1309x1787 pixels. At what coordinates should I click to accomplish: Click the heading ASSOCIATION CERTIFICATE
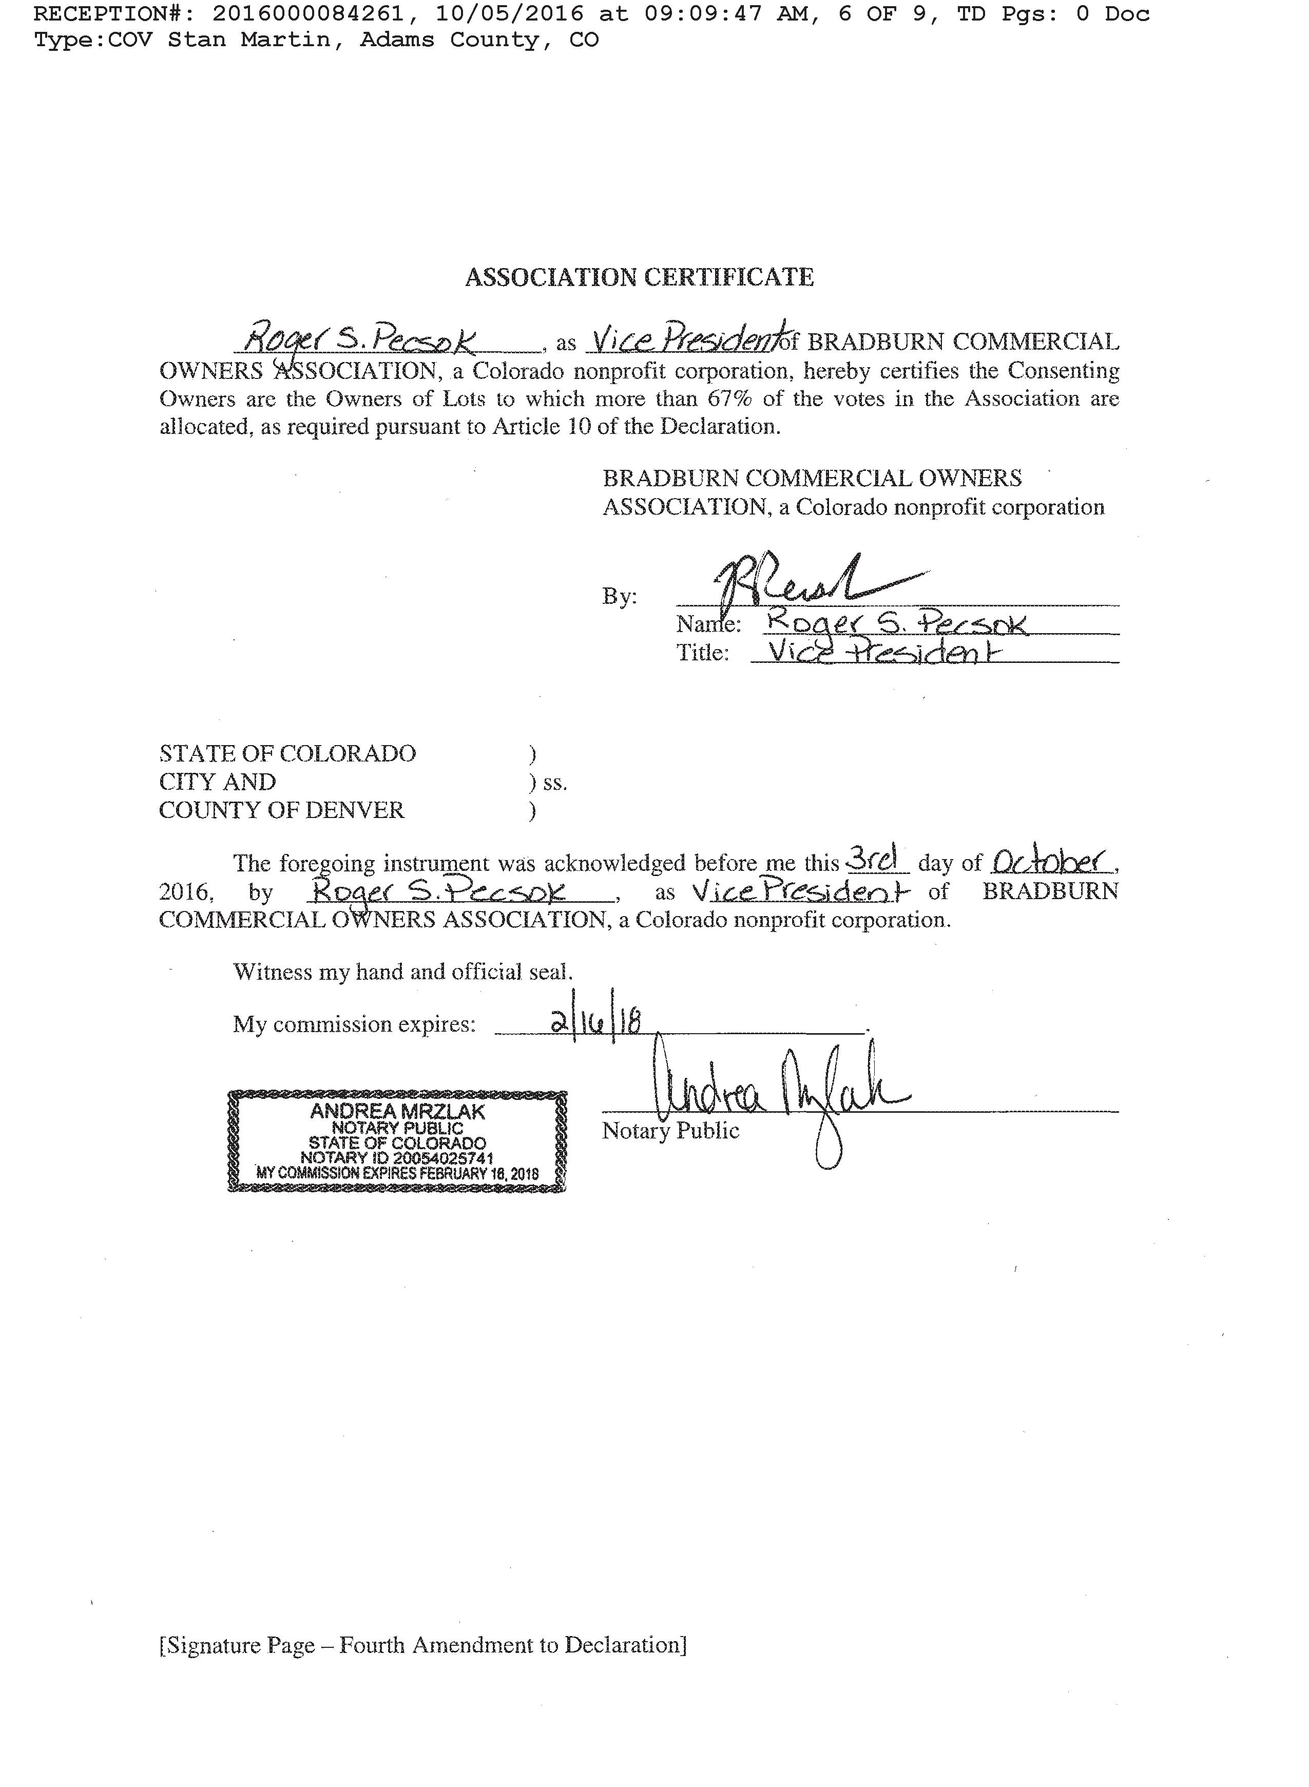click(639, 277)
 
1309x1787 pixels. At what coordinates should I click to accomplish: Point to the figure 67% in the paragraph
click(729, 398)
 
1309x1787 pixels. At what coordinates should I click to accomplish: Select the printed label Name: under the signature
click(707, 624)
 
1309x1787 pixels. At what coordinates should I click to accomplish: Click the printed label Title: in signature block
click(702, 653)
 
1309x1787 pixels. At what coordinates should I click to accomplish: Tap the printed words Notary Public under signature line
click(670, 1131)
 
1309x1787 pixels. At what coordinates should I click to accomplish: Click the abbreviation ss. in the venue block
click(555, 783)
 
